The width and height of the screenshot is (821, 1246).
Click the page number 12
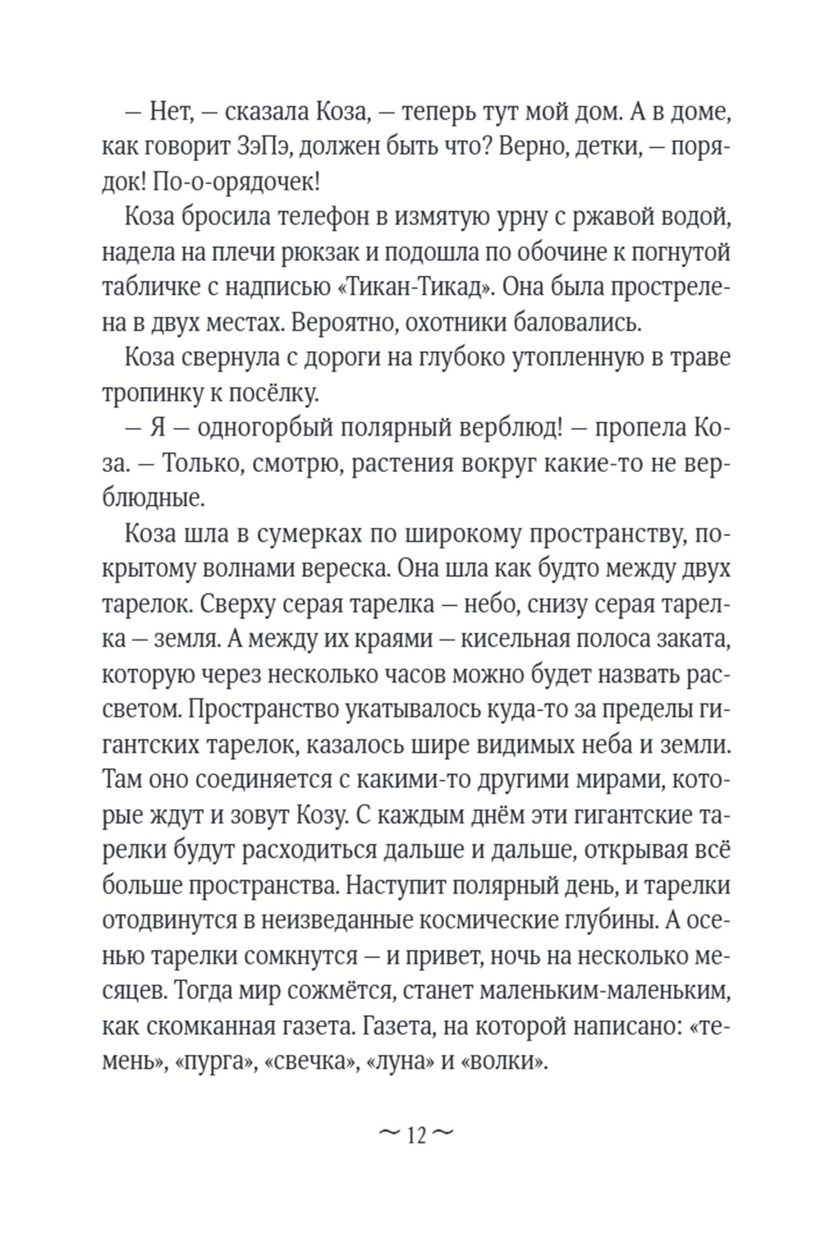click(x=415, y=1136)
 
